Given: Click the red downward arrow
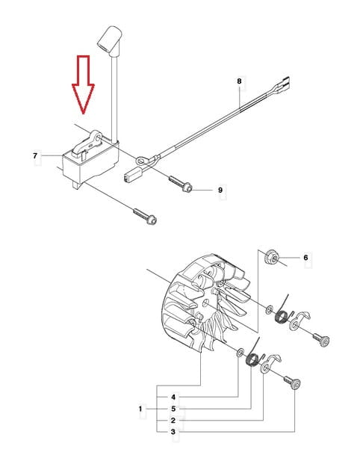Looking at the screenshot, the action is coord(83,84).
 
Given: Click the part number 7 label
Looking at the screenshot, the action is coord(35,156).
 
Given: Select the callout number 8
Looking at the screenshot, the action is coord(239,81).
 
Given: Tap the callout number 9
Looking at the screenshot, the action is coord(220,190).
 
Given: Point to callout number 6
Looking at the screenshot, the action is coord(305,258).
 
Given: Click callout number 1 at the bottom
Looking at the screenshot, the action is coord(140,409).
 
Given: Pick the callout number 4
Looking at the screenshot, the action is coord(173,397).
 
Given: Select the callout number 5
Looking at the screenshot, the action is coord(173,409).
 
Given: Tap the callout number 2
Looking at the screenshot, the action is coord(173,421).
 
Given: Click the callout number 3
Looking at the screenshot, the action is coord(173,432).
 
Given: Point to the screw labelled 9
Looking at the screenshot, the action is coord(180,184).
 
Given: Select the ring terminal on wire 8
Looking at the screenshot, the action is coord(141,161).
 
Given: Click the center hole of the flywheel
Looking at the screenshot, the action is coord(206,303).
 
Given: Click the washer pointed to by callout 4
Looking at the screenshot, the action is coord(240,352).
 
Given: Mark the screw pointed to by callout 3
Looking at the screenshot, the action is coord(292,383).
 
